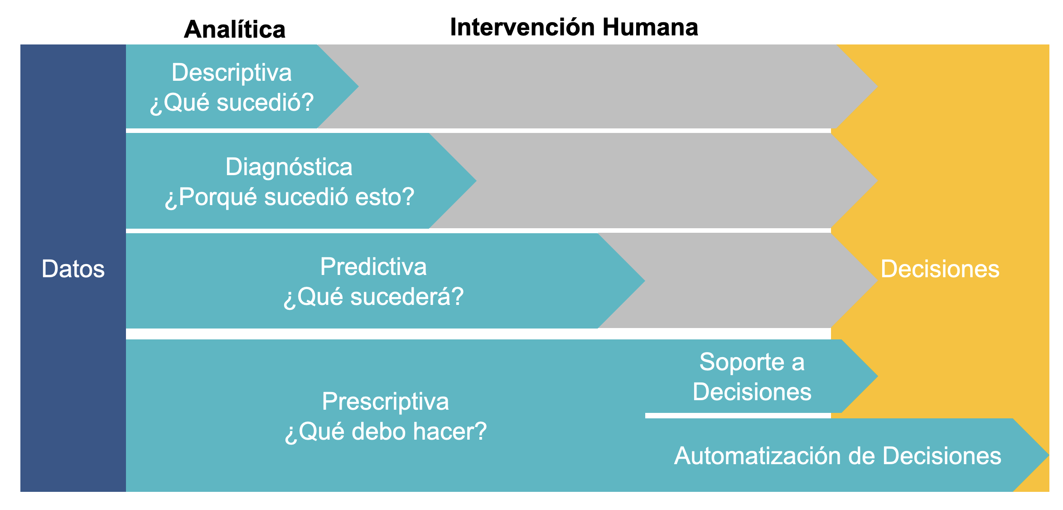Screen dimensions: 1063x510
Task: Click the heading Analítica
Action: (x=235, y=29)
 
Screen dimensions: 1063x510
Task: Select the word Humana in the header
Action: (x=650, y=27)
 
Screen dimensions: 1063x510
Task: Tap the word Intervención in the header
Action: (x=522, y=27)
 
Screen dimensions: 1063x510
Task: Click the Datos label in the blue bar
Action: (x=73, y=269)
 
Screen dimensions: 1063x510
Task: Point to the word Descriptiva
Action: (x=232, y=73)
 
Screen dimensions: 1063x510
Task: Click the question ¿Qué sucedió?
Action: (x=232, y=102)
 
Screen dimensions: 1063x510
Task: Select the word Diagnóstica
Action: (x=289, y=167)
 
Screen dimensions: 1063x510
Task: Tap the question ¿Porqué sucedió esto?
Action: (x=289, y=197)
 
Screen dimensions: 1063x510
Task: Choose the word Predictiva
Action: (x=373, y=266)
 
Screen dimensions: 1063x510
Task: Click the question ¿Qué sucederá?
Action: (x=373, y=297)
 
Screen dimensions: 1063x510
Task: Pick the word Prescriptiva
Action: (x=385, y=402)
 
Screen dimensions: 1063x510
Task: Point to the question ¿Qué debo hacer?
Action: (x=385, y=431)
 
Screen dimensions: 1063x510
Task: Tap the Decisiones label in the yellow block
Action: (x=940, y=269)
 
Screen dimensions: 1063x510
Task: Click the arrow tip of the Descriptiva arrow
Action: (x=358, y=86)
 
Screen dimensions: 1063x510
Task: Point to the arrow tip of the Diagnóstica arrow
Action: (x=476, y=181)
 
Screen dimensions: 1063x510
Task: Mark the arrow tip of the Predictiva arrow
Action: (x=644, y=280)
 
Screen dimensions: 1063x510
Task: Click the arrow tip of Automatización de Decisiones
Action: (x=1049, y=455)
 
